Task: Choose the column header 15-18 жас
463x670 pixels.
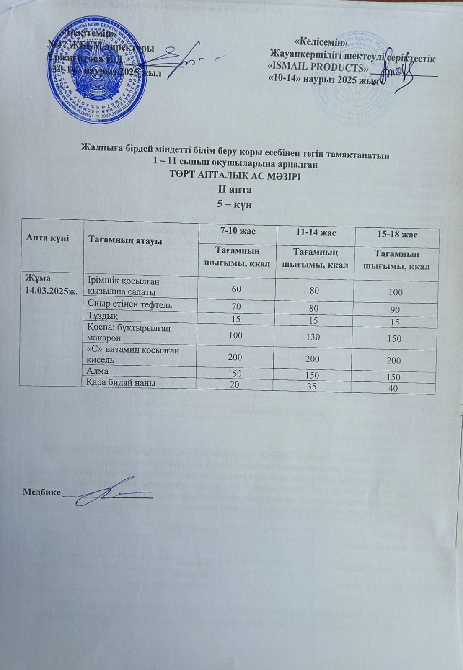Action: (396, 234)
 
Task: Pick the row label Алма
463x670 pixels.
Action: (97, 371)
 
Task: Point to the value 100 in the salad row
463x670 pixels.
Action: (395, 292)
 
